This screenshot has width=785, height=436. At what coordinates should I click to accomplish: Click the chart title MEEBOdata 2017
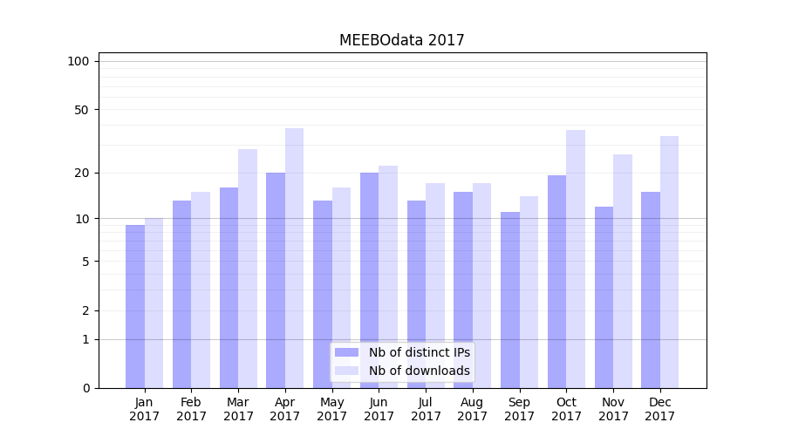[x=401, y=40]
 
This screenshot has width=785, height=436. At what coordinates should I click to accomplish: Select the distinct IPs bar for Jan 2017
[x=135, y=306]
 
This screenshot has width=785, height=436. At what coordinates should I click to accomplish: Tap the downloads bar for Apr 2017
[x=295, y=258]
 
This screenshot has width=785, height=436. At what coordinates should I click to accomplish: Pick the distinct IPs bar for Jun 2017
[x=370, y=280]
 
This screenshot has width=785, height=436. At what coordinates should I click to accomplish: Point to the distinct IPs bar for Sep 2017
[x=510, y=300]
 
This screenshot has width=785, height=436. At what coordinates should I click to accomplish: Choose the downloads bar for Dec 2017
[x=669, y=262]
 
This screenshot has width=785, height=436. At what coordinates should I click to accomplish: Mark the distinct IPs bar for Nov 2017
[x=604, y=297]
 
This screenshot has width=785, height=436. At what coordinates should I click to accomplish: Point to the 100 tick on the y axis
[x=78, y=61]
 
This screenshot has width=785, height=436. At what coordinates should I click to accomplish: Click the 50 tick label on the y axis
[x=81, y=110]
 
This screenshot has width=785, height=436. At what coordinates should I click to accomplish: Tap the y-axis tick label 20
[x=81, y=173]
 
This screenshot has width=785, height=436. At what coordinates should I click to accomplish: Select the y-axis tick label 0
[x=85, y=388]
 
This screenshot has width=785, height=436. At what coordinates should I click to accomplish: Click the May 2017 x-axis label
[x=332, y=409]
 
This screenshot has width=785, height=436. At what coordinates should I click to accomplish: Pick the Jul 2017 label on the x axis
[x=426, y=409]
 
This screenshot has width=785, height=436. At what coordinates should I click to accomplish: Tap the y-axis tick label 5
[x=85, y=261]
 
